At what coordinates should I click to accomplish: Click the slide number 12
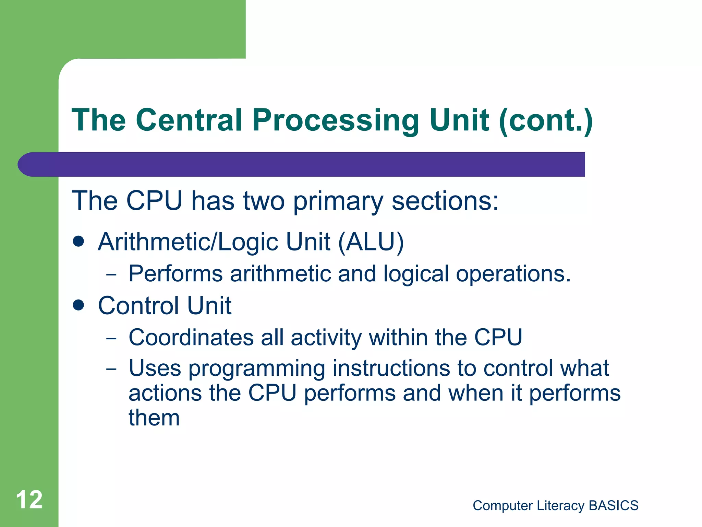[x=29, y=500]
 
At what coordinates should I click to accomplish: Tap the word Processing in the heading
[x=336, y=120]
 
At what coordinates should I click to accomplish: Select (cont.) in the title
[x=546, y=120]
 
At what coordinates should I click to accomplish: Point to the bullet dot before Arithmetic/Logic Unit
[x=78, y=241]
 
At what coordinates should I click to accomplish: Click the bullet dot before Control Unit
[x=78, y=305]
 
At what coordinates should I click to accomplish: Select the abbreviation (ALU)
[x=371, y=242]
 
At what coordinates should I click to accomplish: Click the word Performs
[x=175, y=274]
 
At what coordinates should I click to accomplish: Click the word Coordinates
[x=191, y=337]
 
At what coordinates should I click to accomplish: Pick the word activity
[x=326, y=338]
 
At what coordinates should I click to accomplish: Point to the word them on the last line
[x=154, y=418]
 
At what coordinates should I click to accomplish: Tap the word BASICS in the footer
[x=613, y=505]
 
